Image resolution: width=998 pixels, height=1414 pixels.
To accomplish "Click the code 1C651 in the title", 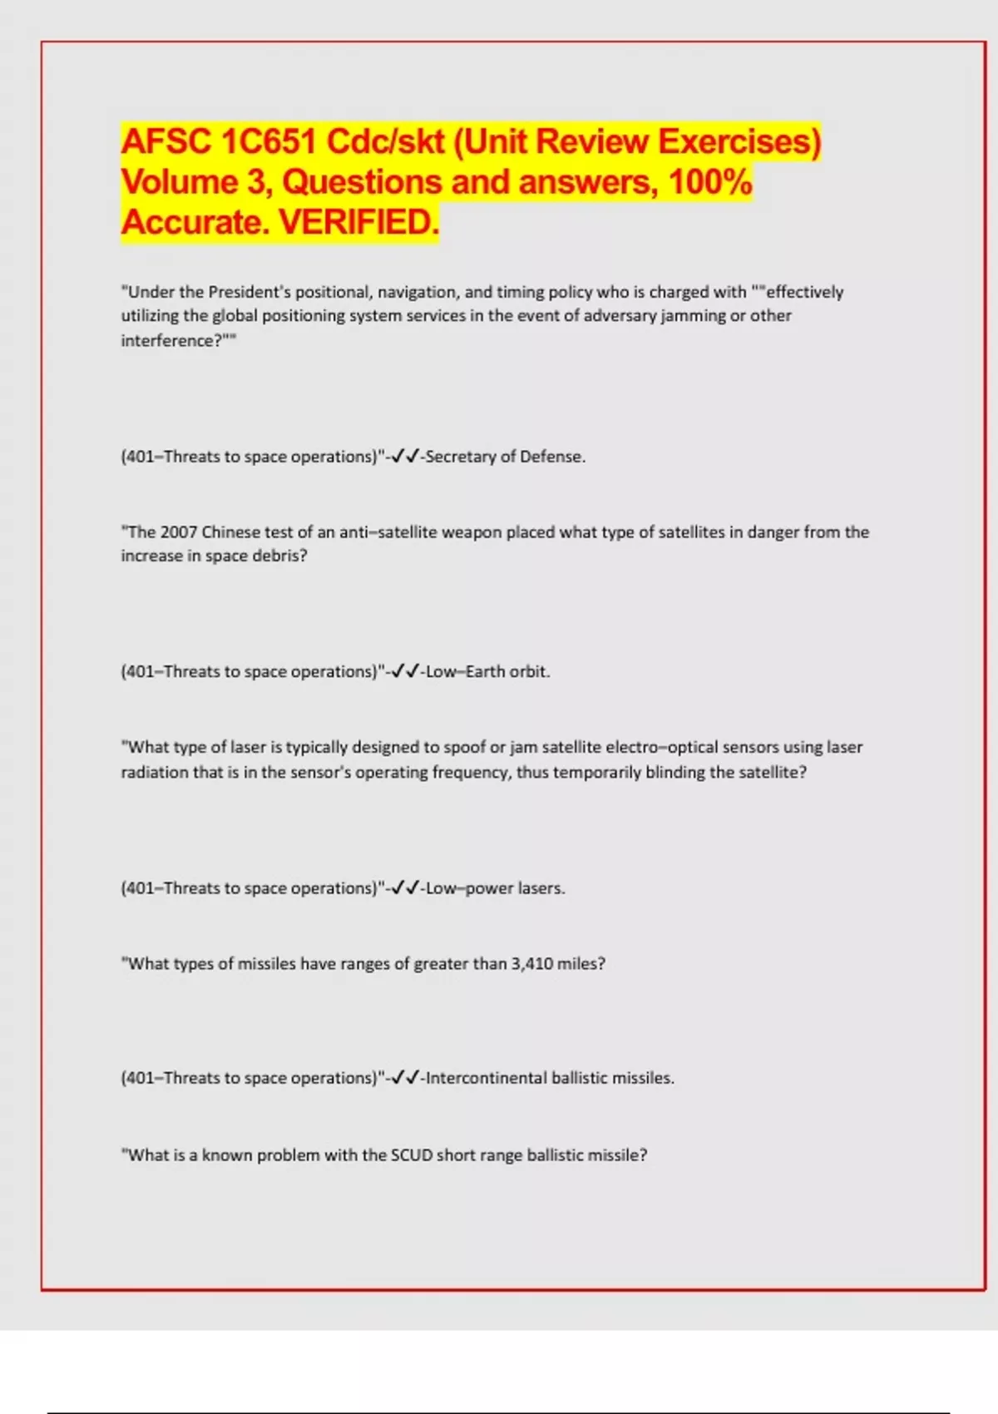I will point(268,141).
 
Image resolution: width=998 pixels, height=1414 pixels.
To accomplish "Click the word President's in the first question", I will point(248,292).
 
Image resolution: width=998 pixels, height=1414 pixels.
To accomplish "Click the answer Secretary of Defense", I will point(505,457).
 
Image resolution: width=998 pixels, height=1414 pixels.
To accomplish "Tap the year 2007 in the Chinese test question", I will point(178,532).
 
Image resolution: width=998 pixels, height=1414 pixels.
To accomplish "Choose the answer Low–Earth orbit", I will point(487,672).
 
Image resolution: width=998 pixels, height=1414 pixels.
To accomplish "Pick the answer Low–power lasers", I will point(495,888).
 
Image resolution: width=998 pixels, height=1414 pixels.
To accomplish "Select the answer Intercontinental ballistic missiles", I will point(550,1078).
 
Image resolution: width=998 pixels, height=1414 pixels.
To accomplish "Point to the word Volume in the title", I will point(179,182).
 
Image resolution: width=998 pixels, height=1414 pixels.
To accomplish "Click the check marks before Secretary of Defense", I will point(405,457).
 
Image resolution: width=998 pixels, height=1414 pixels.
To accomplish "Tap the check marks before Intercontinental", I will point(405,1078).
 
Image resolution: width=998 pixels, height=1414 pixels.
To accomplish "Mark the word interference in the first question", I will point(167,341).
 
